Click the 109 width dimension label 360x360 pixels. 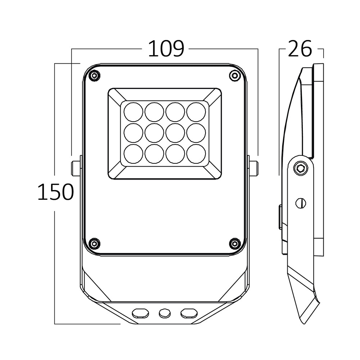tap(166, 49)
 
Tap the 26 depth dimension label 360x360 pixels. tap(300, 49)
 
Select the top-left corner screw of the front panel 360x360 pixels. tap(95, 76)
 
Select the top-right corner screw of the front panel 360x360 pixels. tap(235, 76)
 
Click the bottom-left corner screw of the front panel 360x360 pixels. tap(95, 243)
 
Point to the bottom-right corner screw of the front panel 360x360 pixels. tap(235, 243)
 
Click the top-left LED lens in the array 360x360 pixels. tap(134, 112)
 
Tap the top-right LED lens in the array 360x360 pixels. tap(196, 112)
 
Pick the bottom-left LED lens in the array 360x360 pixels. tap(134, 154)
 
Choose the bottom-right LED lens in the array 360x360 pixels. tap(196, 154)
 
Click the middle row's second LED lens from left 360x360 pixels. tap(154, 133)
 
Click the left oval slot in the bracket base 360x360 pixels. tap(140, 313)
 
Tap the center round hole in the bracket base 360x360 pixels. tap(165, 313)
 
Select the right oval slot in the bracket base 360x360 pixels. tap(189, 313)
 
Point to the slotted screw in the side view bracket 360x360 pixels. tap(301, 203)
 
